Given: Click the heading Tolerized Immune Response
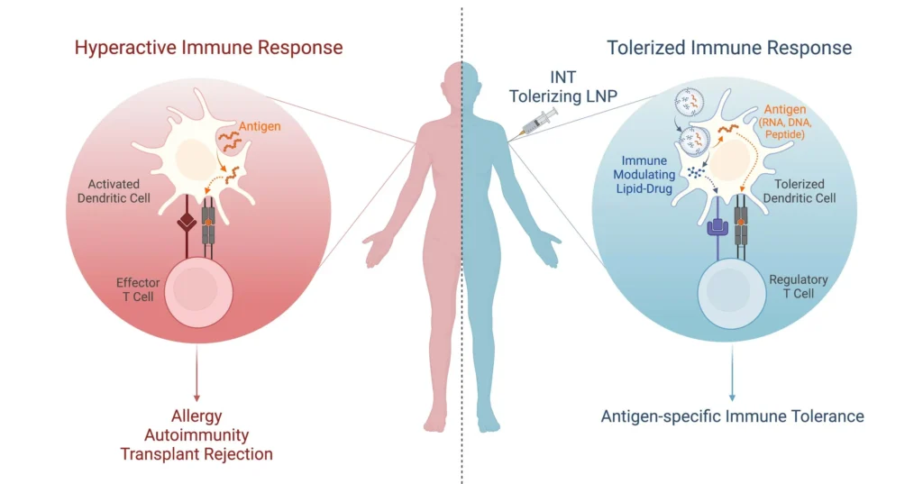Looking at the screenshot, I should point(728,47).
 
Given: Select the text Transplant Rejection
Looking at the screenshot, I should point(196,453).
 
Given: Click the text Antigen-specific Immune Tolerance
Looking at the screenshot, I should point(732,416).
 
